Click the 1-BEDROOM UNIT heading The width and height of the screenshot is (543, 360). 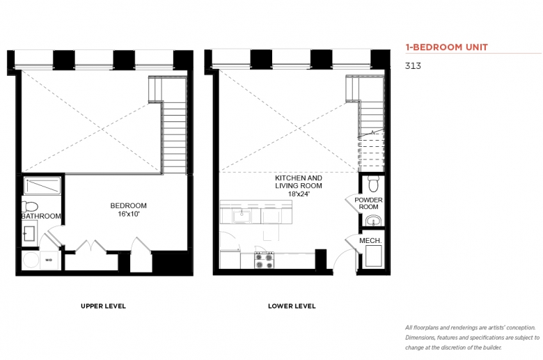pyautogui.click(x=446, y=47)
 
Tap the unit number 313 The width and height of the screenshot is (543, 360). pyautogui.click(x=413, y=66)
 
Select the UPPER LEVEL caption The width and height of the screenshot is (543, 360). pyautogui.click(x=103, y=306)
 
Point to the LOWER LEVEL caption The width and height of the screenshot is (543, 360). pyautogui.click(x=292, y=306)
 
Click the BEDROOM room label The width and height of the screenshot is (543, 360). pyautogui.click(x=129, y=205)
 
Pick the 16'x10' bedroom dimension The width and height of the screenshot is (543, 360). pyautogui.click(x=129, y=214)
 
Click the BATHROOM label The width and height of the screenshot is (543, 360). pyautogui.click(x=42, y=216)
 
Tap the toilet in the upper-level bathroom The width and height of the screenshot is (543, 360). pyautogui.click(x=30, y=207)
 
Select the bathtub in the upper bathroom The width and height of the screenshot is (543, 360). pyautogui.click(x=42, y=186)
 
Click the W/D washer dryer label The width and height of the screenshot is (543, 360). pyautogui.click(x=49, y=260)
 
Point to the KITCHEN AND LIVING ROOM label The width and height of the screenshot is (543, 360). pyautogui.click(x=299, y=182)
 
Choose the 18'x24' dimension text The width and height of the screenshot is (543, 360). pyautogui.click(x=299, y=194)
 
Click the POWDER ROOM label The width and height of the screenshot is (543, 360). pyautogui.click(x=368, y=203)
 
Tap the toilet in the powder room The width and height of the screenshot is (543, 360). pyautogui.click(x=373, y=184)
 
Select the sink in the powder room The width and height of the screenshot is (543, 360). pyautogui.click(x=373, y=220)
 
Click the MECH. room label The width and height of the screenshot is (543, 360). pyautogui.click(x=370, y=240)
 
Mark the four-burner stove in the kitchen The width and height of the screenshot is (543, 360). pyautogui.click(x=265, y=260)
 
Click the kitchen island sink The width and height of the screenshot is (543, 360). pyautogui.click(x=242, y=216)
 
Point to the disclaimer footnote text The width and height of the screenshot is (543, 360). pyautogui.click(x=473, y=338)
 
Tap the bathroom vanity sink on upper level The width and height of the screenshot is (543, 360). pyautogui.click(x=29, y=233)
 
